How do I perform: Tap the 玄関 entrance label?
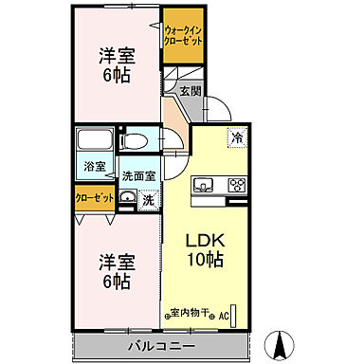tap(190, 92)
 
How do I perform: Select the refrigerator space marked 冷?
tap(234, 138)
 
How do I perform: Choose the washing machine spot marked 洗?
tap(148, 200)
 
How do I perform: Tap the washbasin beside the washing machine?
tap(127, 199)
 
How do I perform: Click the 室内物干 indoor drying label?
tap(192, 313)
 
